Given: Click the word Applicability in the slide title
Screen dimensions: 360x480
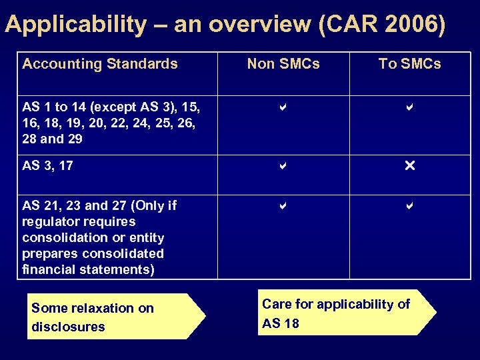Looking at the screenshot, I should (x=75, y=25).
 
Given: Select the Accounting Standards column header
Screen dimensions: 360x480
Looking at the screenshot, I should (x=100, y=64).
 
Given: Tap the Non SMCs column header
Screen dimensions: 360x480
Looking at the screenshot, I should (x=283, y=64).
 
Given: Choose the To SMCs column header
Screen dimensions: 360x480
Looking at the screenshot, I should (x=409, y=64).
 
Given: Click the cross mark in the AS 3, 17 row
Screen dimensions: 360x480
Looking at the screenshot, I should (x=409, y=165).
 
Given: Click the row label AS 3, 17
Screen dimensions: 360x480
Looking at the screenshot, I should (x=47, y=165).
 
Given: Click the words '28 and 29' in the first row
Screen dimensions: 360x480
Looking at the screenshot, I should (x=52, y=139).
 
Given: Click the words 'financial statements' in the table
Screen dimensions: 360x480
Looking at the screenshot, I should (x=87, y=269).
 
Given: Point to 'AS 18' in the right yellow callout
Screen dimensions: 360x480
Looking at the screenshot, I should (x=281, y=323).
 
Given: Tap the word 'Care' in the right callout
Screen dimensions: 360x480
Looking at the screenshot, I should (x=276, y=305).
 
